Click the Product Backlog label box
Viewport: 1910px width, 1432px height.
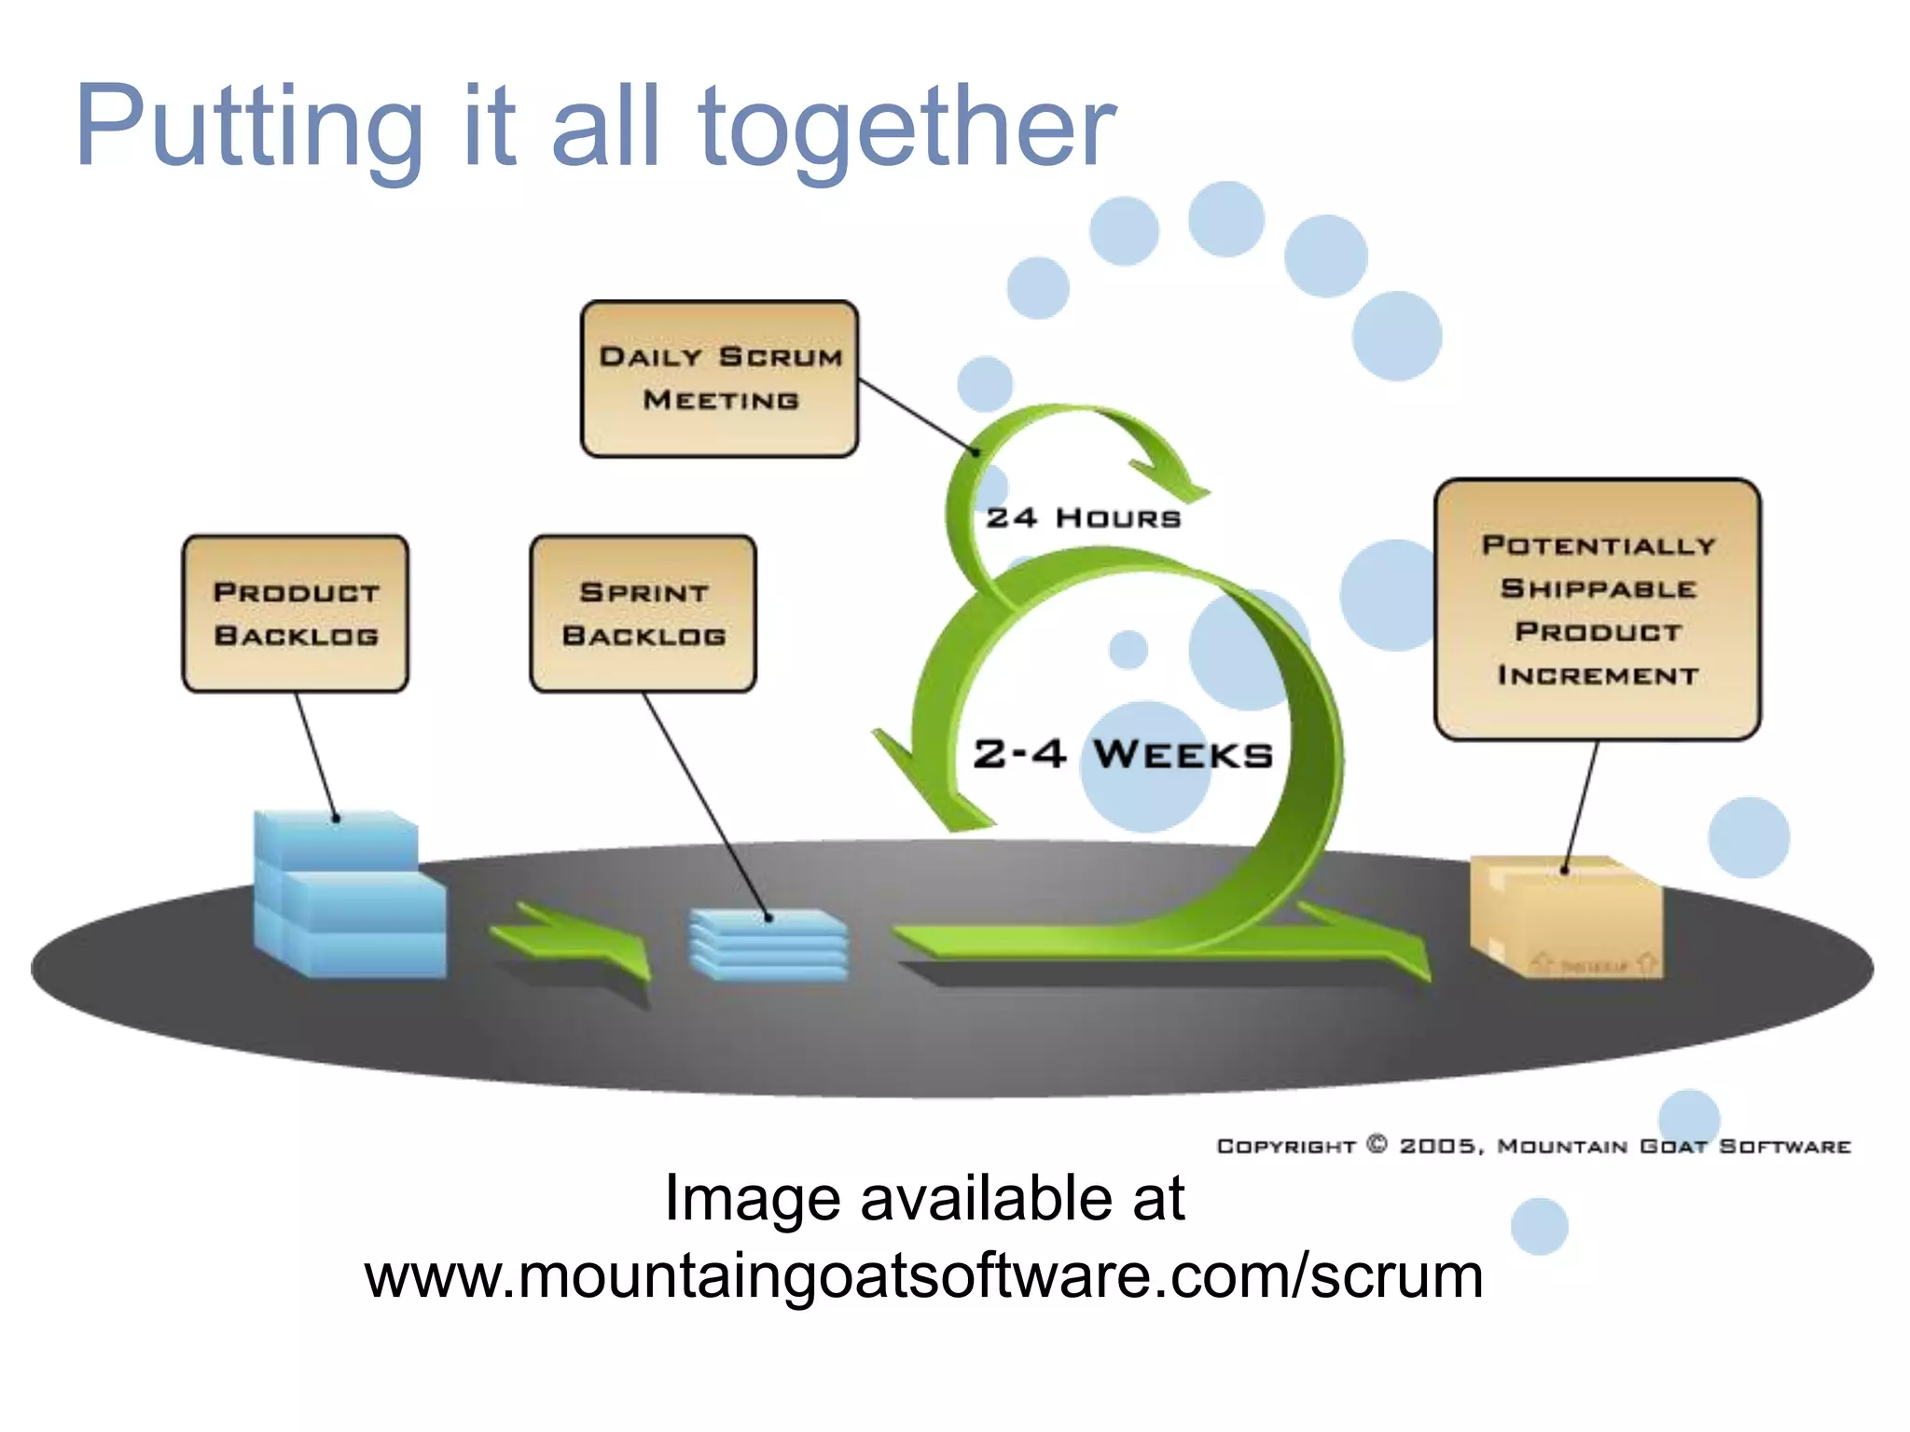pos(296,613)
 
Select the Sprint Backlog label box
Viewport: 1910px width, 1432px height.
pos(644,613)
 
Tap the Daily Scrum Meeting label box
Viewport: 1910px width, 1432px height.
pos(719,379)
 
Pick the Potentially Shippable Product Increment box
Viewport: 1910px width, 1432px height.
pos(1598,610)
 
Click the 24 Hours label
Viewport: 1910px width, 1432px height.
pos(1084,518)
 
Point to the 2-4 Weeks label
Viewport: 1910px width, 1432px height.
pos(1123,754)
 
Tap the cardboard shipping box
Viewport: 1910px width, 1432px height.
pos(1565,917)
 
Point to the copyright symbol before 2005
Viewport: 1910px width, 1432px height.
pos(1377,1144)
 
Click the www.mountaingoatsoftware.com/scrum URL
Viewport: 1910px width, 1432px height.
pos(923,1276)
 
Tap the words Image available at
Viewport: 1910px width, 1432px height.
pos(923,1198)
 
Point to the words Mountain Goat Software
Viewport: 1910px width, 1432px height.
pos(1674,1146)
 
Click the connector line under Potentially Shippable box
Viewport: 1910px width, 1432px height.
pos(1581,806)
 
